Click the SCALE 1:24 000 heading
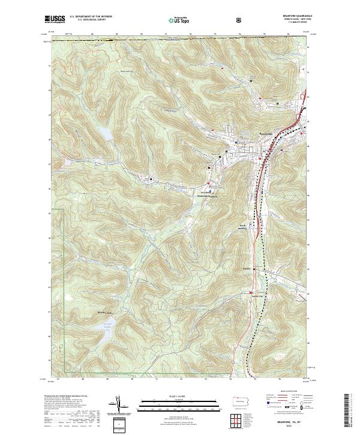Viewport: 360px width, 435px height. (x=170, y=395)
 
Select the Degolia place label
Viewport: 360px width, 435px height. (x=248, y=268)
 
